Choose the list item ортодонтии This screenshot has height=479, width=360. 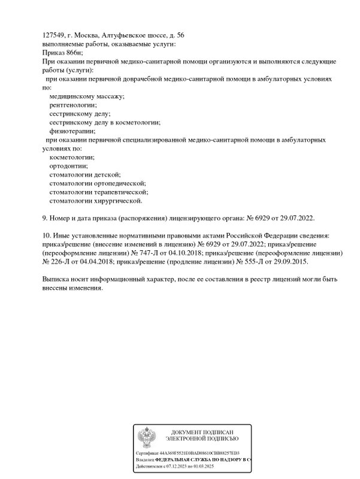click(x=68, y=166)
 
